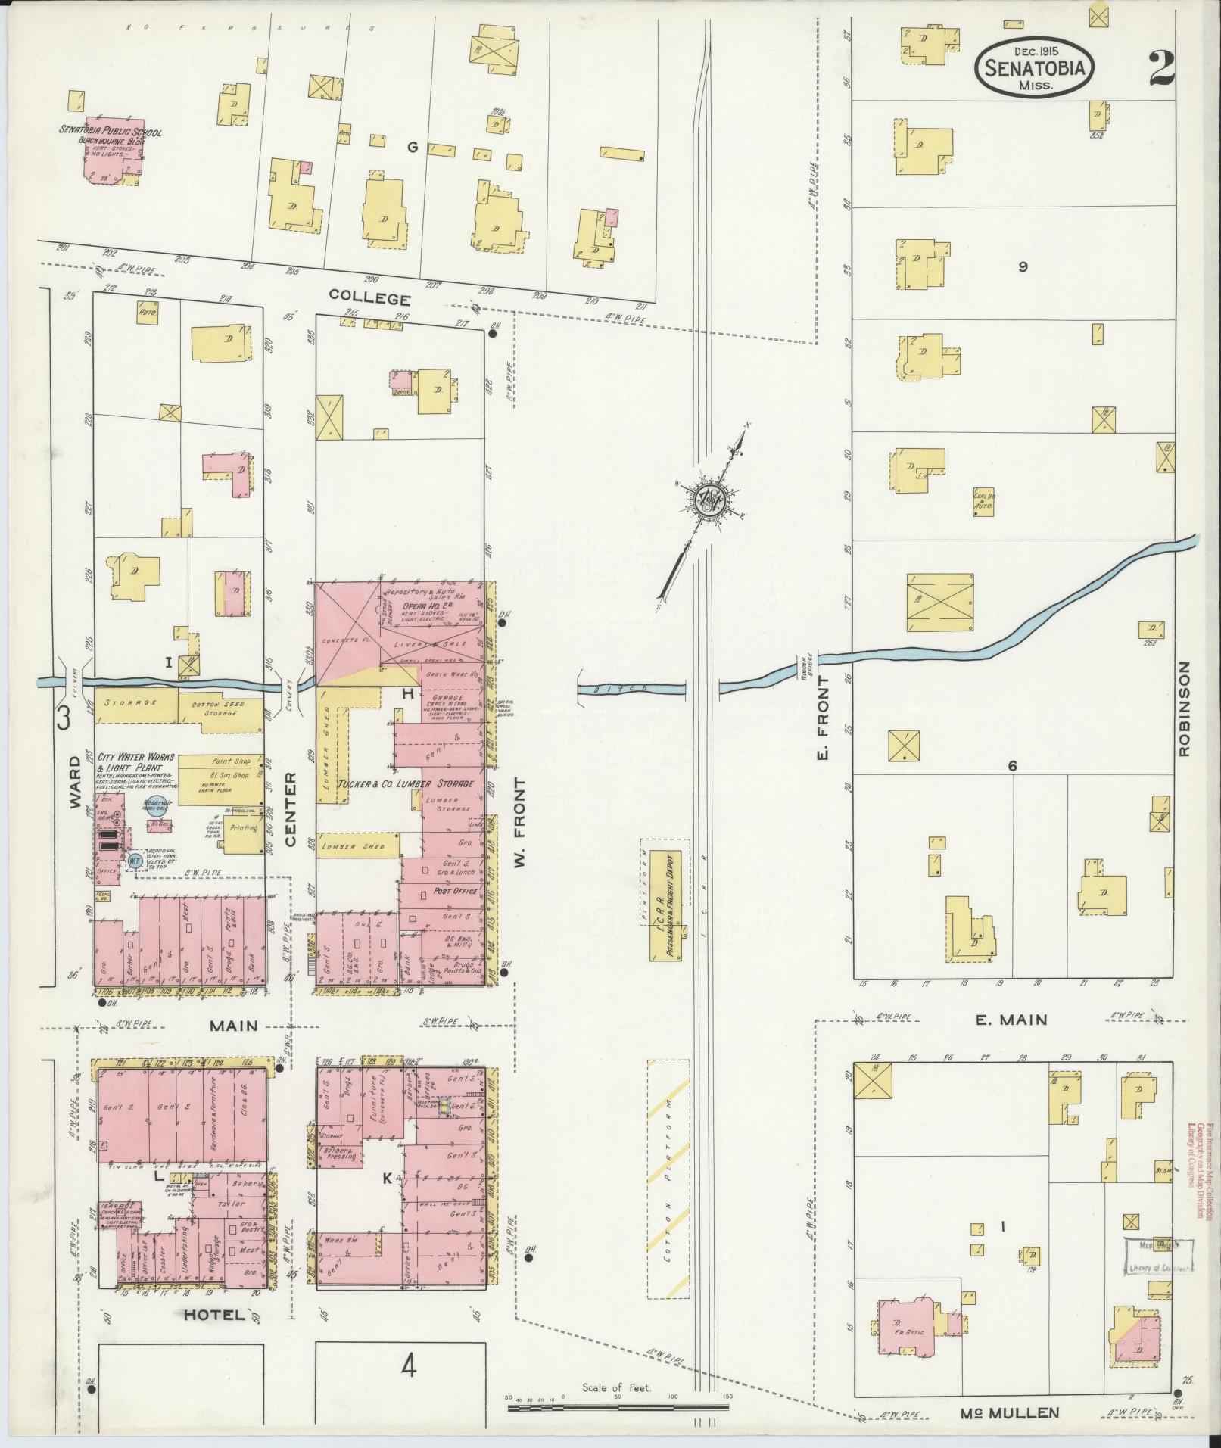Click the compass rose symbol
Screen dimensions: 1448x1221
711,500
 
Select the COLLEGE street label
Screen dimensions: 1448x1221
370,298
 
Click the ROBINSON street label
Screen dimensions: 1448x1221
1184,708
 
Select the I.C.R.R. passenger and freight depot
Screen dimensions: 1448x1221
665,905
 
